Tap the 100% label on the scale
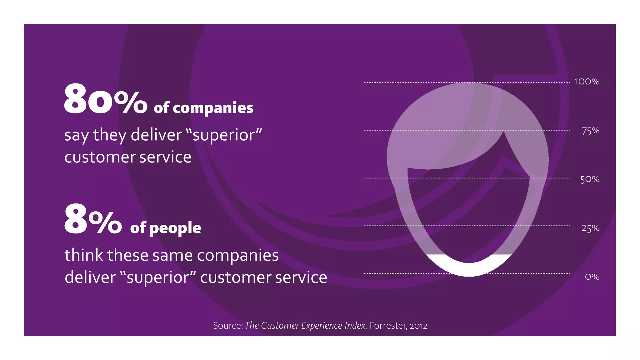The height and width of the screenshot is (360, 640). coord(587,82)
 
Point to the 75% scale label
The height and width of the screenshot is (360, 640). coord(590,131)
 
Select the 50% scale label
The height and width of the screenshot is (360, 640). coord(590,179)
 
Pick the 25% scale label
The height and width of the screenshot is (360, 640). coord(590,228)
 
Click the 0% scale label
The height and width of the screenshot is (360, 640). coord(592,277)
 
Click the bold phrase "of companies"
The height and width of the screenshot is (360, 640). coord(203,108)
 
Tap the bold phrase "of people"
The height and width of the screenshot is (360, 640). coord(166,228)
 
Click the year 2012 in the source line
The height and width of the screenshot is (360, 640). coord(418,326)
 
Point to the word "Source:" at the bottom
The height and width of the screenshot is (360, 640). coord(228,326)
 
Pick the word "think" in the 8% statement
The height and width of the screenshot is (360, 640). coord(84,255)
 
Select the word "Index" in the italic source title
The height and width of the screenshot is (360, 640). coord(355,326)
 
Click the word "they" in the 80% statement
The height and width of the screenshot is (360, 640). coord(110,136)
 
